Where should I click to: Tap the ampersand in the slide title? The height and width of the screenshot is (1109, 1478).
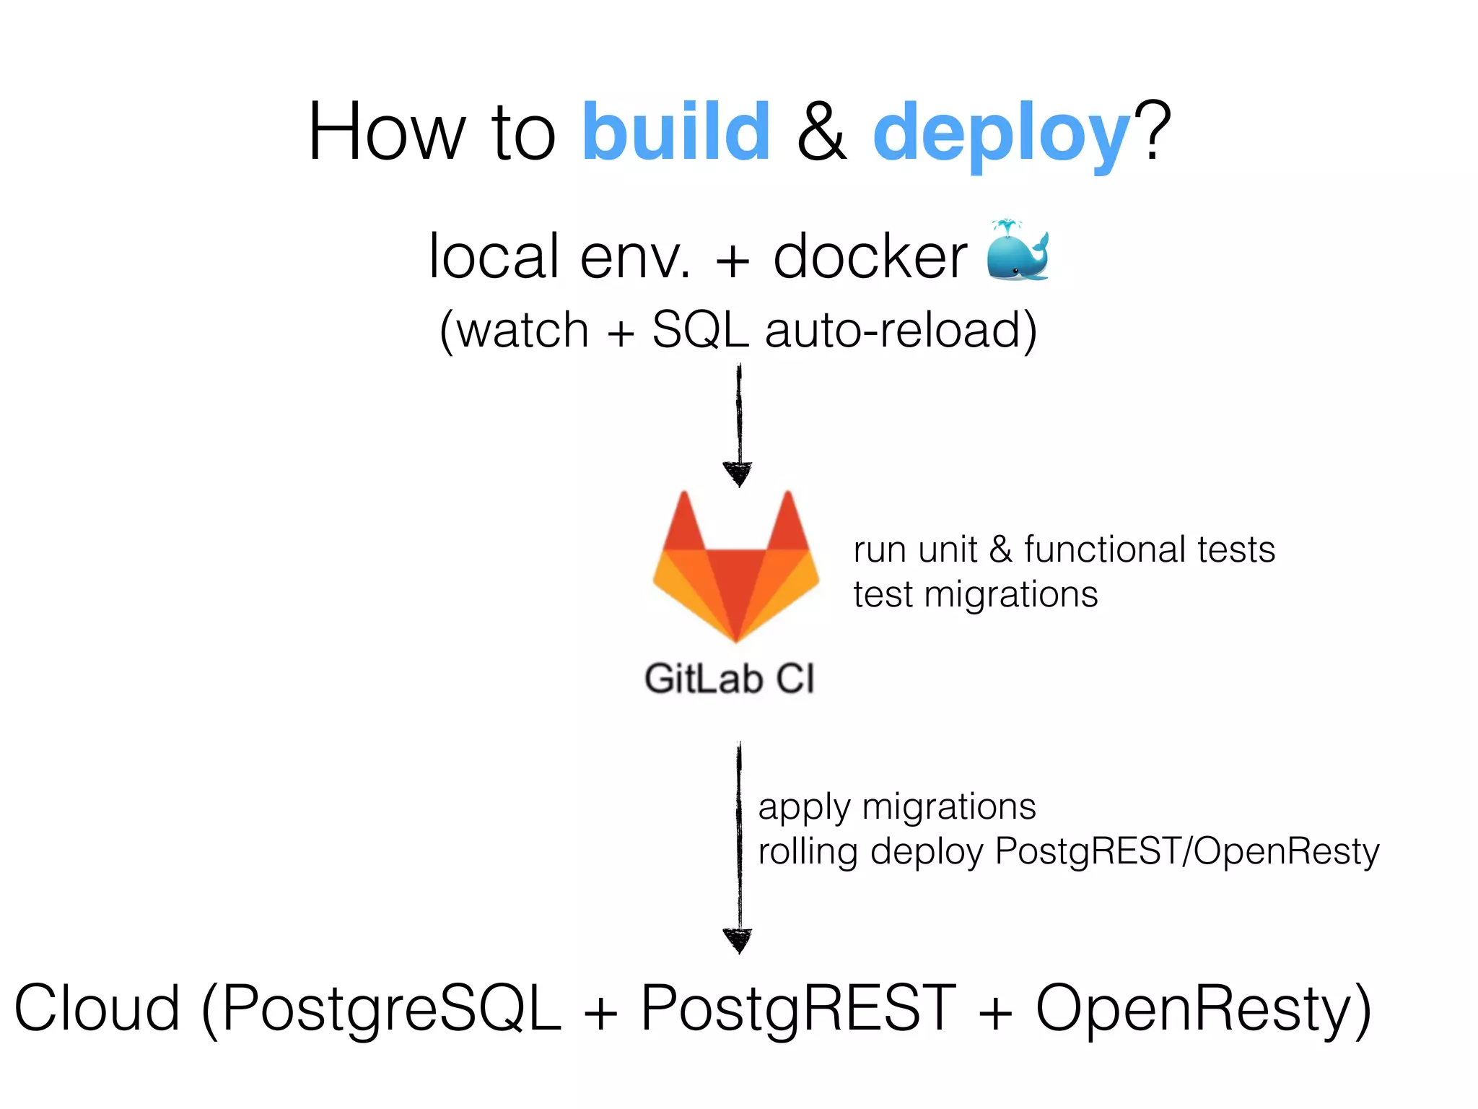pyautogui.click(x=822, y=133)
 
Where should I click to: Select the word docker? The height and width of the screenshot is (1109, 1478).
pyautogui.click(x=870, y=257)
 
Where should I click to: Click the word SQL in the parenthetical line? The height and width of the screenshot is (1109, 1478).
pyautogui.click(x=700, y=330)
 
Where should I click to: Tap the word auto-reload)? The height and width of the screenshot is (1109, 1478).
pyautogui.click(x=901, y=330)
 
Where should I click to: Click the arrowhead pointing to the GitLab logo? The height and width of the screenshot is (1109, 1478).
pyautogui.click(x=738, y=474)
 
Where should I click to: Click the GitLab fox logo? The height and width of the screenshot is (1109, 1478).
pyautogui.click(x=736, y=567)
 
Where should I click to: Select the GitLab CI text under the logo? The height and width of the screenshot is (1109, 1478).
pyautogui.click(x=730, y=679)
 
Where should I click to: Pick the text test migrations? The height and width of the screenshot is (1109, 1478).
pyautogui.click(x=975, y=595)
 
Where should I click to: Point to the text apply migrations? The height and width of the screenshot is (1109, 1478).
pyautogui.click(x=896, y=806)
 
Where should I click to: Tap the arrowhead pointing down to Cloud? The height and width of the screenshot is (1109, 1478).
pyautogui.click(x=738, y=940)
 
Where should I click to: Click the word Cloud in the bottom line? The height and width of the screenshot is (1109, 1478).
pyautogui.click(x=97, y=1009)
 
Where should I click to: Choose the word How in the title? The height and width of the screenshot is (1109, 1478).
pyautogui.click(x=386, y=131)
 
